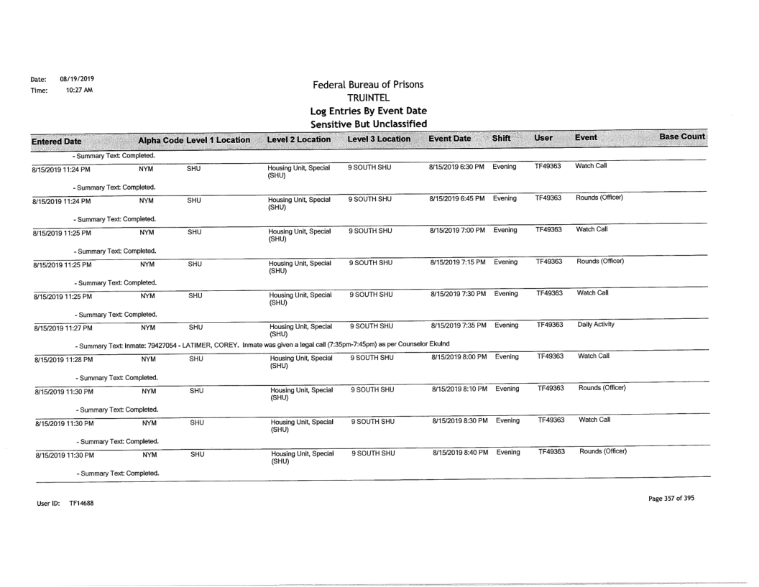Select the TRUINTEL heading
tap(372, 99)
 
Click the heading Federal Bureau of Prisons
tap(372, 85)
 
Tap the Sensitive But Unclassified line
tap(372, 126)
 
